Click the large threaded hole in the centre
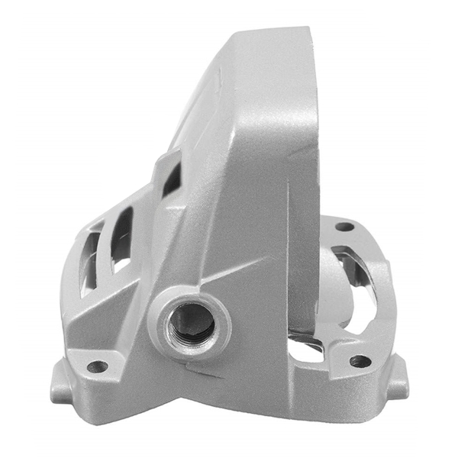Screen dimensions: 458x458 (x=190, y=321)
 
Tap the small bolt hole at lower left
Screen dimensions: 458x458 (x=97, y=366)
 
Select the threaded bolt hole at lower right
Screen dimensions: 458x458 (x=360, y=360)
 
